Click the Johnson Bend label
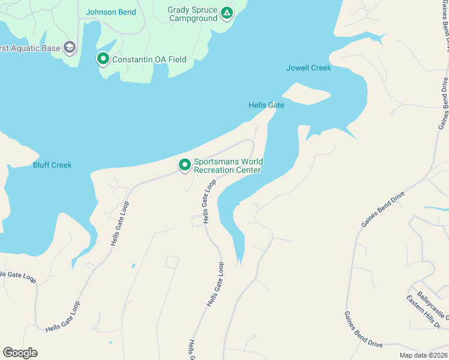(111, 12)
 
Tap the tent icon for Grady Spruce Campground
(226, 13)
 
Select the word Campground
(193, 19)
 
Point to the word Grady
(179, 10)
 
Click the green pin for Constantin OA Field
(103, 59)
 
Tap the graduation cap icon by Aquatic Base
(70, 47)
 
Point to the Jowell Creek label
(309, 68)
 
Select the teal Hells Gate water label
(267, 105)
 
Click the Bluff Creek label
(52, 165)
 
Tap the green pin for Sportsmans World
(184, 164)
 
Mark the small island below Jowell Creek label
(306, 94)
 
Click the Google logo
(20, 353)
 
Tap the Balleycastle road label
(432, 306)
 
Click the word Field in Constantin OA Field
(176, 59)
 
